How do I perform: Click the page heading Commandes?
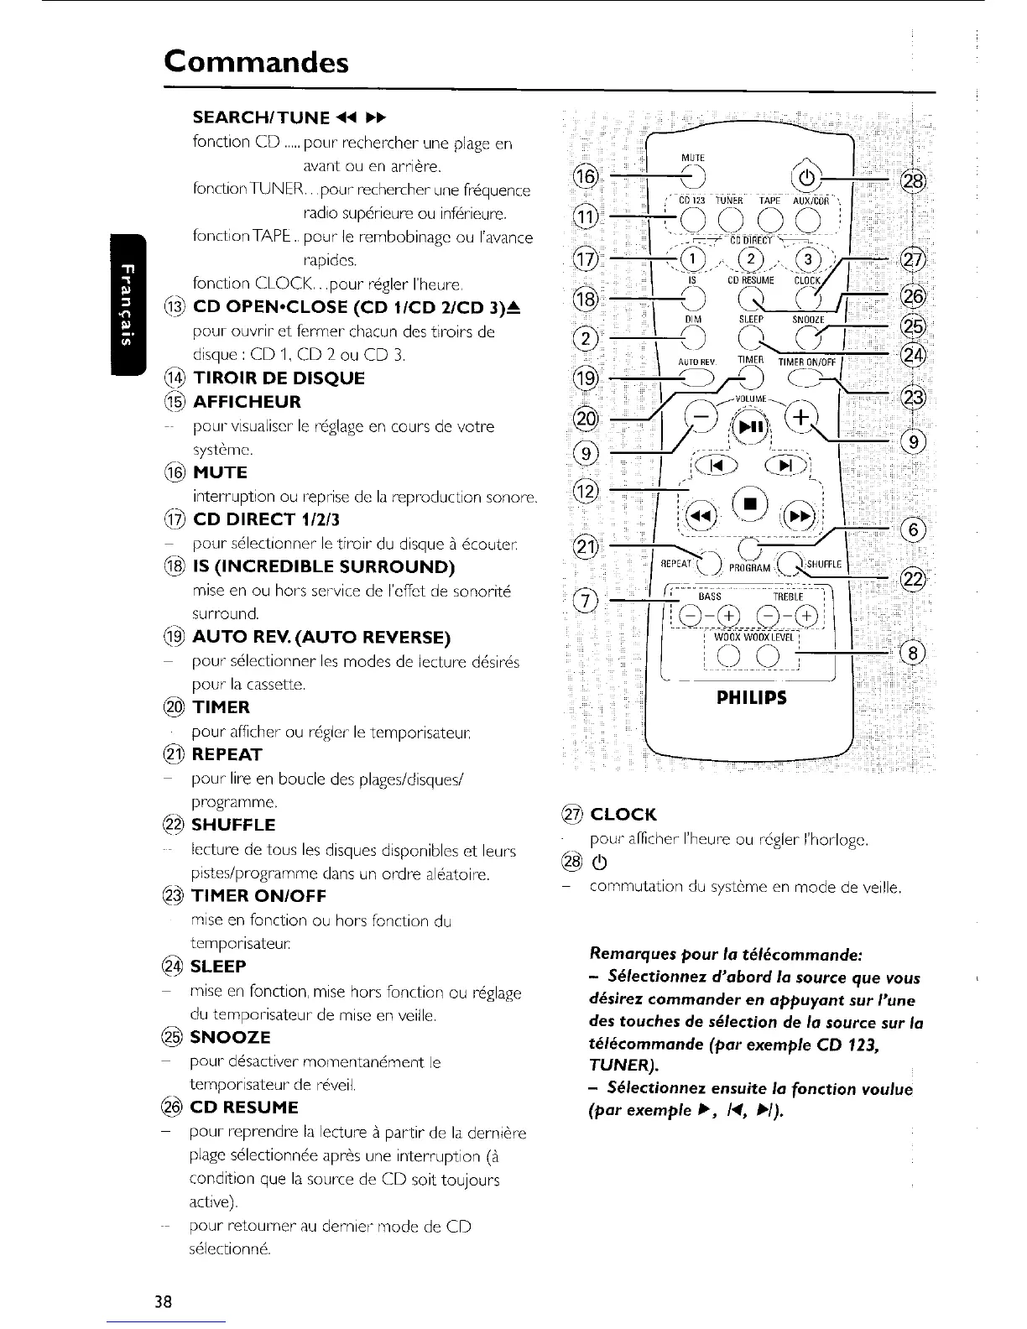pos(256,61)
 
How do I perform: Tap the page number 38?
pos(163,1301)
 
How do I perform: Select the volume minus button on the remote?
pos(701,416)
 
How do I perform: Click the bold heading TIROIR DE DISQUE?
pos(279,378)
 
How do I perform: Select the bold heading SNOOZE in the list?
pos(231,1037)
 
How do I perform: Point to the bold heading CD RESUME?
pos(244,1107)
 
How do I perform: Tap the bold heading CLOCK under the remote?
pos(623,815)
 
